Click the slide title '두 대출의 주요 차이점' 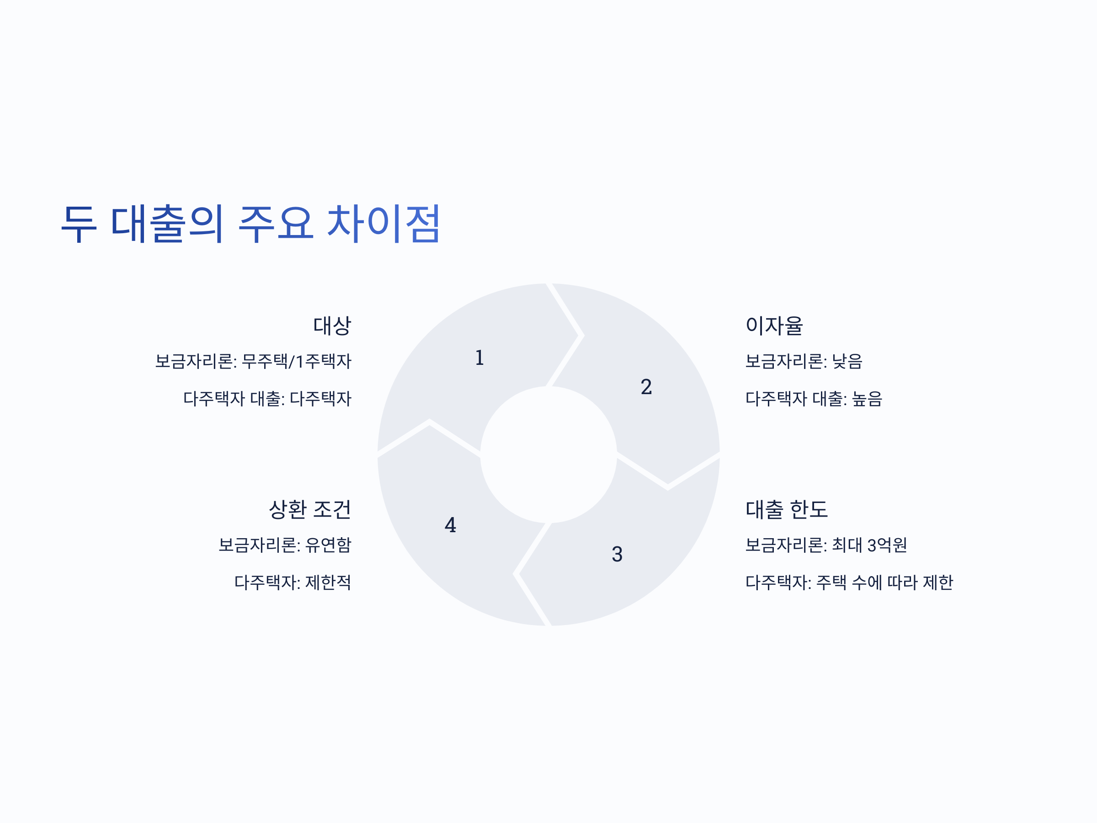250,224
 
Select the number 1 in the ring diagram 479,358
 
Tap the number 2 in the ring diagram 646,387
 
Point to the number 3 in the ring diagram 617,554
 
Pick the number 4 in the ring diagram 450,525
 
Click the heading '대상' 332,326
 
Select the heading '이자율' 774,326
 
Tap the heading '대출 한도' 787,509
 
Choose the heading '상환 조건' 309,509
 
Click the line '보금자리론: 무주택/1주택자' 253,361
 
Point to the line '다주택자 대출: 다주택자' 267,398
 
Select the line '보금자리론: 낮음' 804,361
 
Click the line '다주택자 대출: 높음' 813,398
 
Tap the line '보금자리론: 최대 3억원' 826,545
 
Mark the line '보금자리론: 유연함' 285,545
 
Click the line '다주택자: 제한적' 292,582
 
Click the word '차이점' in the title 383,224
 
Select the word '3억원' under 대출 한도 887,545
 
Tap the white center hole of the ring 548,454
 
